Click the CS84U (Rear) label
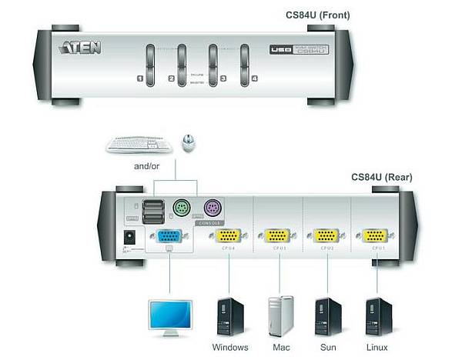pos(382,177)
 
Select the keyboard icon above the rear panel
pos(139,144)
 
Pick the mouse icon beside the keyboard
pos(187,142)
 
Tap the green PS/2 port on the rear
pos(180,208)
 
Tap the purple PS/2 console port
pos(213,208)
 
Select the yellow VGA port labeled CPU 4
pos(227,237)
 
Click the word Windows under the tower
pos(229,347)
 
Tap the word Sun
pos(328,347)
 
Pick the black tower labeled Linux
pos(378,316)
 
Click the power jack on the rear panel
pos(130,237)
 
